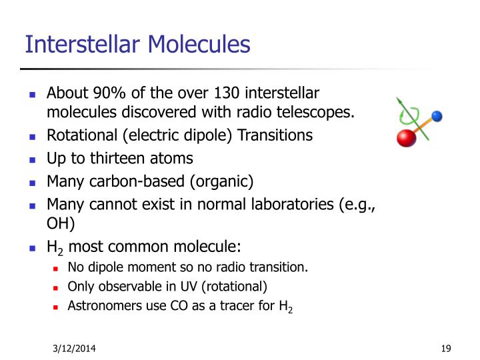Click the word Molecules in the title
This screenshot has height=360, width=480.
(199, 44)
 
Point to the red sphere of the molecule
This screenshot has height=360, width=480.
(406, 137)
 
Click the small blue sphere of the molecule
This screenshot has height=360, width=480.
(437, 117)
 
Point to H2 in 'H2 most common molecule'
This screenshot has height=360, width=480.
(55, 247)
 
